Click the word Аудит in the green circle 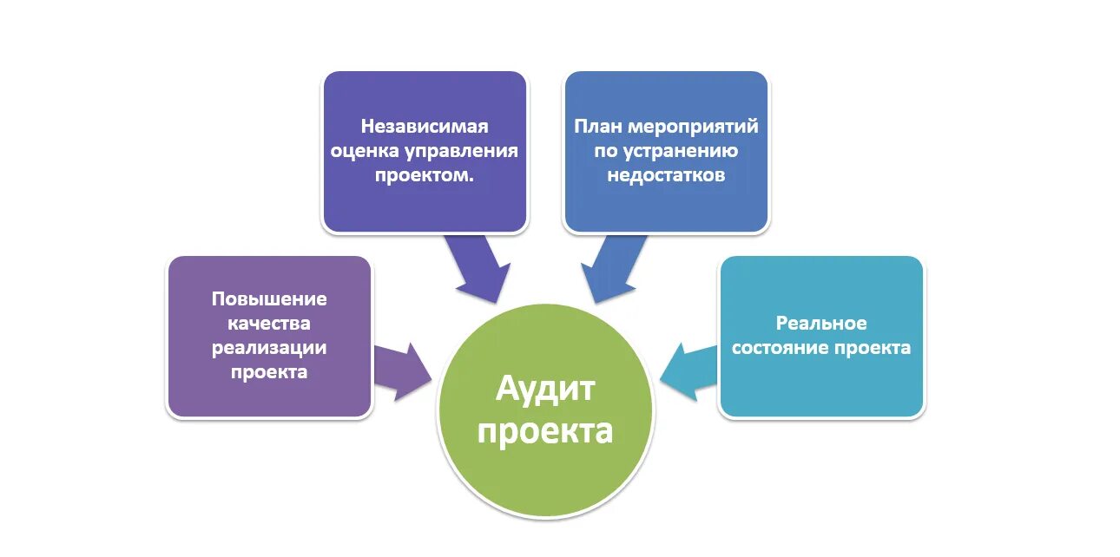pos(545,388)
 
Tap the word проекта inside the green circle pos(545,430)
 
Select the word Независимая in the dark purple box pos(425,127)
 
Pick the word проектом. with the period pos(425,175)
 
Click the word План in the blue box pos(597,127)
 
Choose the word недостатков pos(666,175)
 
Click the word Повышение pos(269,299)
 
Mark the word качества pos(269,324)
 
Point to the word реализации pos(269,348)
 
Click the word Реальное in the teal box pos(821,324)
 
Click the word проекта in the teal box pos(873,348)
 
